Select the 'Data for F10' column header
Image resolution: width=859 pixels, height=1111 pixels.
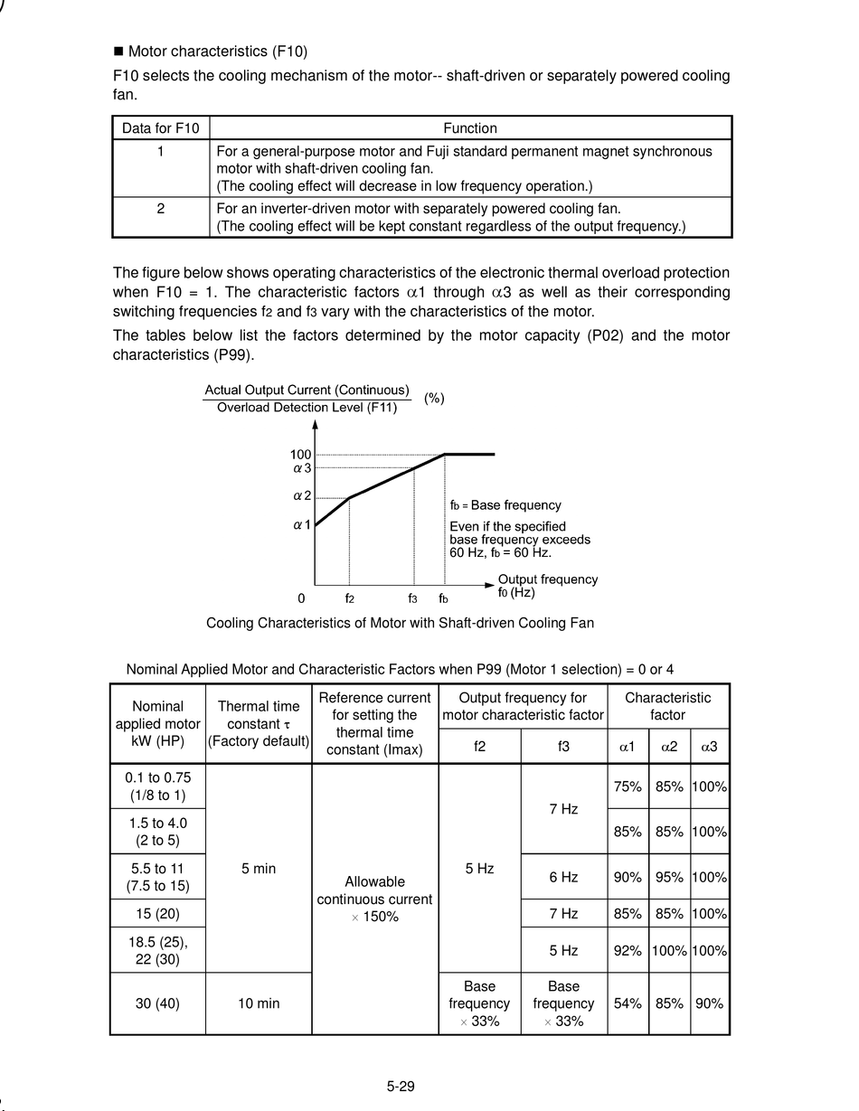tap(160, 128)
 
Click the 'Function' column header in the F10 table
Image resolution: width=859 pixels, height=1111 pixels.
tap(470, 128)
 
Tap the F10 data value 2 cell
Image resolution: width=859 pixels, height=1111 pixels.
tap(160, 209)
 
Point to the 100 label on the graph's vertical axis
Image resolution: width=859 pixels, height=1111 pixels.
tap(300, 455)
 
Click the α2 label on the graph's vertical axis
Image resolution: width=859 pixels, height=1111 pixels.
tap(302, 496)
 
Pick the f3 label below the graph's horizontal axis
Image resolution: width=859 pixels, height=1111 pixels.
tap(412, 598)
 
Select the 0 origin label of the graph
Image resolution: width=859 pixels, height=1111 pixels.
tap(301, 598)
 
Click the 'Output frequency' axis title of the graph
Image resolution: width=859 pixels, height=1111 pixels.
tap(547, 579)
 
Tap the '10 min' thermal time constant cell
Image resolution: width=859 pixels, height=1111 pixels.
tap(258, 1003)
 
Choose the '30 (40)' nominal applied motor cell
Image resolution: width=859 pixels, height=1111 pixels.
tap(157, 1003)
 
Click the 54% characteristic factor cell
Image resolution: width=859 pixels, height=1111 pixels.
tap(628, 1003)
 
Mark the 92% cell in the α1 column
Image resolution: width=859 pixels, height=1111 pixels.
tap(628, 950)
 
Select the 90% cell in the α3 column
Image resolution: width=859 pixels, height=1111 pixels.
tap(710, 1003)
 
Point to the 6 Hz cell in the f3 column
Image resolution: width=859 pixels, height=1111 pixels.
tap(563, 877)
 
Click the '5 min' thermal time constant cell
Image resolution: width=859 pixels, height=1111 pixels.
tap(258, 869)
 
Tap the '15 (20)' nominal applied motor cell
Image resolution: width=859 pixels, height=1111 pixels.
tap(157, 913)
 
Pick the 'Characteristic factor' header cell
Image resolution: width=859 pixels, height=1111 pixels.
tap(667, 706)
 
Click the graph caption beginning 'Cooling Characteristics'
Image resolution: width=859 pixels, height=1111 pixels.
tap(400, 623)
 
